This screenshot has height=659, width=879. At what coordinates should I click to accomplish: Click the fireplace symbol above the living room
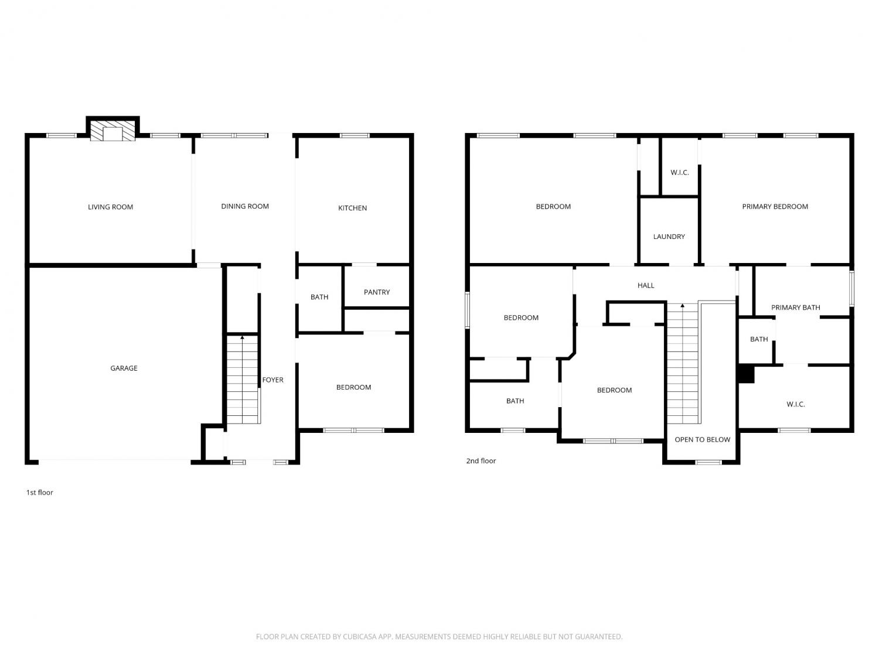tap(113, 131)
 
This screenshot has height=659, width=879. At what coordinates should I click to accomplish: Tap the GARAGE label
tap(124, 368)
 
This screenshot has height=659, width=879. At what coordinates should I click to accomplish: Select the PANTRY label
tap(376, 292)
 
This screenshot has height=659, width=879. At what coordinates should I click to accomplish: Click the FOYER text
tap(272, 380)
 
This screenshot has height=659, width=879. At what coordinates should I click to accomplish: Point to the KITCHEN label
tap(352, 208)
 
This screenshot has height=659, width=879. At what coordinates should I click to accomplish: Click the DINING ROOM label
tap(245, 206)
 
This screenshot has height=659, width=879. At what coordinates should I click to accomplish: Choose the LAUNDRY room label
tap(669, 237)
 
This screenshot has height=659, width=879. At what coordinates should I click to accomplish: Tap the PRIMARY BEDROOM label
tap(775, 207)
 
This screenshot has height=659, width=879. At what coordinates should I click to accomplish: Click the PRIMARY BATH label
tap(795, 308)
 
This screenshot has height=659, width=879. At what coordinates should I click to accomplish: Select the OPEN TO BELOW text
tap(703, 440)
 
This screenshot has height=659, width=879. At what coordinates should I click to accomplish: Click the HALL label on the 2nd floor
tap(646, 286)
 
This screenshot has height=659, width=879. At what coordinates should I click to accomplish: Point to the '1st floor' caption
tap(40, 493)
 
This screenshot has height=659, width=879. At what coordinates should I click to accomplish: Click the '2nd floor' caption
tap(481, 461)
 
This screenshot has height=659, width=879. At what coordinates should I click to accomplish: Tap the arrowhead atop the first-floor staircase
tap(242, 338)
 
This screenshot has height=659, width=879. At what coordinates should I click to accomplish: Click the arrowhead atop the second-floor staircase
tap(682, 306)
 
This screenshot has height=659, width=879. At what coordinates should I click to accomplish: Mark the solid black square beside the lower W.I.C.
tap(746, 374)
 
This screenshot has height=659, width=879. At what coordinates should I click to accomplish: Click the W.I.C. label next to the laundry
tap(680, 173)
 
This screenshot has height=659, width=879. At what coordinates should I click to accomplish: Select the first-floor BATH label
tap(319, 298)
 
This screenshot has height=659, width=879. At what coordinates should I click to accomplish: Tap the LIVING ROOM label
tap(111, 207)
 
